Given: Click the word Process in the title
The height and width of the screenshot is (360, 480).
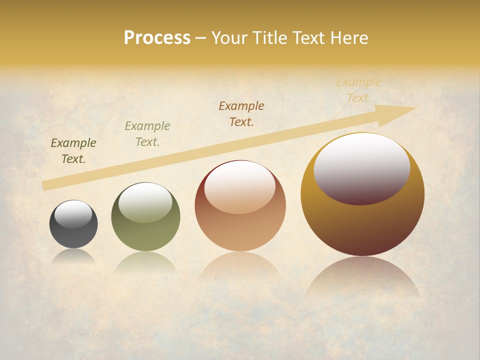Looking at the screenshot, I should [x=157, y=38].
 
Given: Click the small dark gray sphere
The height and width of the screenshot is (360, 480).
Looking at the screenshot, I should [x=73, y=235].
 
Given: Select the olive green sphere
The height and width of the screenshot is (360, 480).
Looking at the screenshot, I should [x=145, y=235].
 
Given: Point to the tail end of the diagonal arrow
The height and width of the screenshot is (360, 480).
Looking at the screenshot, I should [x=45, y=185].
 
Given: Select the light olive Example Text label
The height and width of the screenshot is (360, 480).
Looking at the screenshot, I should [x=147, y=134].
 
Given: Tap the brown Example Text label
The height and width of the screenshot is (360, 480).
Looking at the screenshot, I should [x=241, y=114].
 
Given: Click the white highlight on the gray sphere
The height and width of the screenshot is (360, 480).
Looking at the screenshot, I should [x=73, y=214].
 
